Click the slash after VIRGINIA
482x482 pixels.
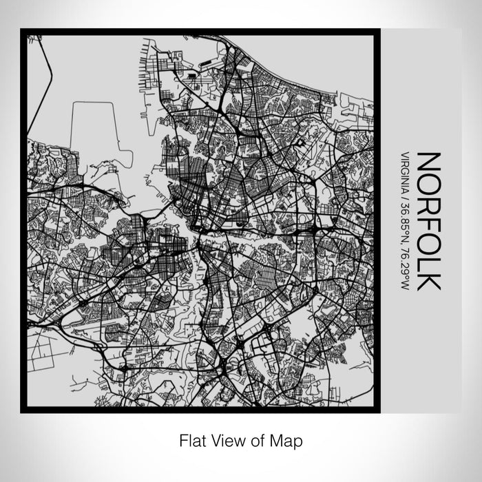[405, 196]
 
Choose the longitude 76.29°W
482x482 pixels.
[405, 257]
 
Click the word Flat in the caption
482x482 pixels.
[193, 439]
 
